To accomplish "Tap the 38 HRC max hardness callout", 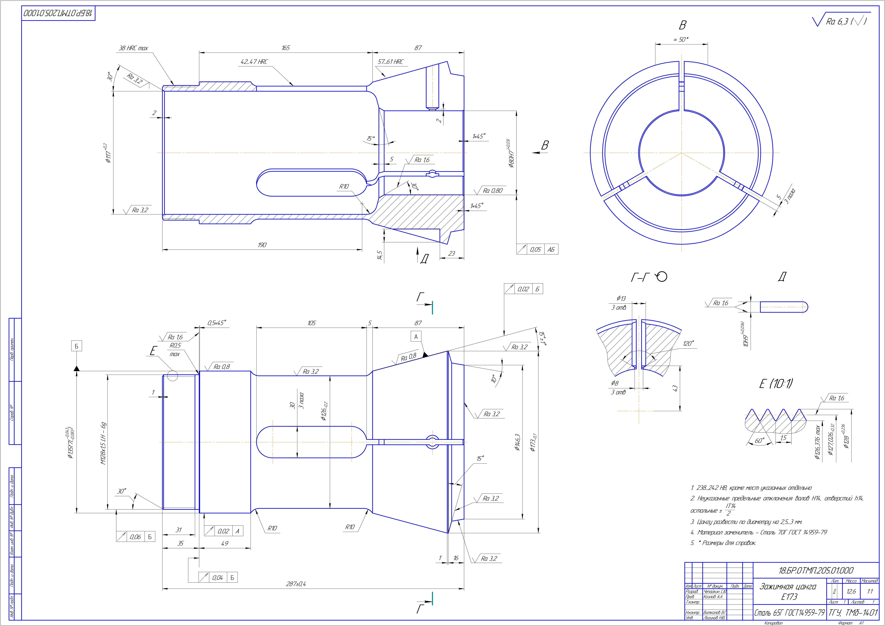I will (x=133, y=48).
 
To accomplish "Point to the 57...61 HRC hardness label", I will (x=391, y=62).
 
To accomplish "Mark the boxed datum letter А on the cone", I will (x=416, y=337).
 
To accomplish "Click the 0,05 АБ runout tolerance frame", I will (x=537, y=250).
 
